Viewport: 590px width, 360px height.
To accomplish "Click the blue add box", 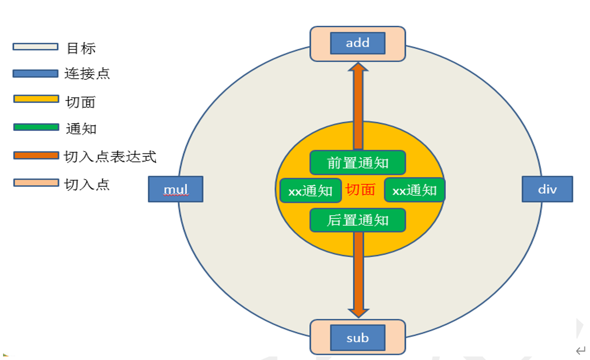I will (357, 43).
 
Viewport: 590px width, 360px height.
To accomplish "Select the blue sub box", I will (357, 338).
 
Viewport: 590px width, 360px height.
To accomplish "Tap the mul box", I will (176, 189).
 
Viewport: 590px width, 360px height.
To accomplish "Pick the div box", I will (547, 189).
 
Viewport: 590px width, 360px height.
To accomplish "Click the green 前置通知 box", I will (357, 163).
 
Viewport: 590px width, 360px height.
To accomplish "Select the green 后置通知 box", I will (357, 220).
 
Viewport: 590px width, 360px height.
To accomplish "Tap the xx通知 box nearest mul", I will (310, 190).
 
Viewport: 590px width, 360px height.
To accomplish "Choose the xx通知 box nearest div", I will (414, 190).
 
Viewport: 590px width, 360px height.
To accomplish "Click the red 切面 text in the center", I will (360, 189).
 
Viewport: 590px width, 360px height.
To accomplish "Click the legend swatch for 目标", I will (35, 47).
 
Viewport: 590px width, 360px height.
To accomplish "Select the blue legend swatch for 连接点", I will (35, 74).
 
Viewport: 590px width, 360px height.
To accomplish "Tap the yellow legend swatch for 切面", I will (36, 99).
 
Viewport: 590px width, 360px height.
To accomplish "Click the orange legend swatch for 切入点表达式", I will (36, 156).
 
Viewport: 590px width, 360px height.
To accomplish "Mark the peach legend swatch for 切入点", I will (36, 182).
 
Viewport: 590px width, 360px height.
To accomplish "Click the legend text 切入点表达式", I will (111, 157).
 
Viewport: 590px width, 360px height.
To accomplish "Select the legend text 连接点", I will (87, 74).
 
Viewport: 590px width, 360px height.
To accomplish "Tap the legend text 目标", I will (81, 48).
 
